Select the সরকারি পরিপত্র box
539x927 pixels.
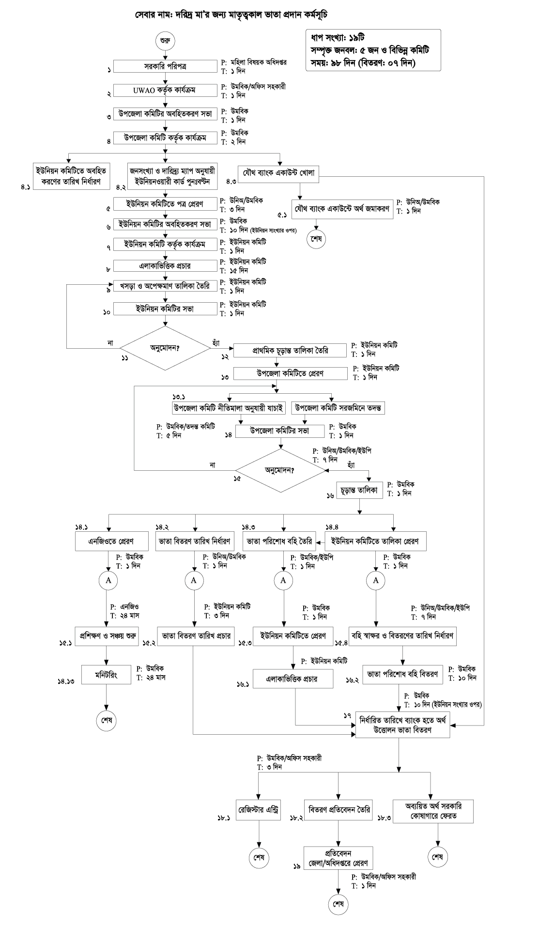165,66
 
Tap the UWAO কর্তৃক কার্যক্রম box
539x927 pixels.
165,91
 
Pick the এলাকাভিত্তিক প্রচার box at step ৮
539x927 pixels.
165,266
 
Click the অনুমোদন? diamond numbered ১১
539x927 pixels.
165,347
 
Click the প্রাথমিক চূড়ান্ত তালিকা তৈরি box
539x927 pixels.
291,350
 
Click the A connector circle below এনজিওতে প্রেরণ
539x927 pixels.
108,580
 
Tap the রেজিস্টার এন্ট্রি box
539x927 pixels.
258,809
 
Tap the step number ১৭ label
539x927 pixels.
347,715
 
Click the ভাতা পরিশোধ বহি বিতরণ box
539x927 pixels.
403,674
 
